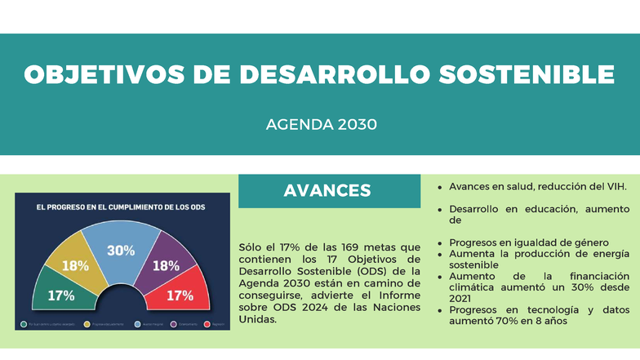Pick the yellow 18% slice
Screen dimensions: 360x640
pos(75,263)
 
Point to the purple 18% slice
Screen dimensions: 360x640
pos(166,263)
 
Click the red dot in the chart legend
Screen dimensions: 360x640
pos(207,324)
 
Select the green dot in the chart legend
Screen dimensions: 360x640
pos(24,324)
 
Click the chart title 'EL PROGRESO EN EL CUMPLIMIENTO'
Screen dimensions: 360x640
pos(120,207)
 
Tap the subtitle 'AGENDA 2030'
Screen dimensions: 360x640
pos(321,125)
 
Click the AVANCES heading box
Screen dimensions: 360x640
pos(327,191)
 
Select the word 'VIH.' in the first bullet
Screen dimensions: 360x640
pos(615,187)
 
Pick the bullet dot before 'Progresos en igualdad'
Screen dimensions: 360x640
pos(442,242)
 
